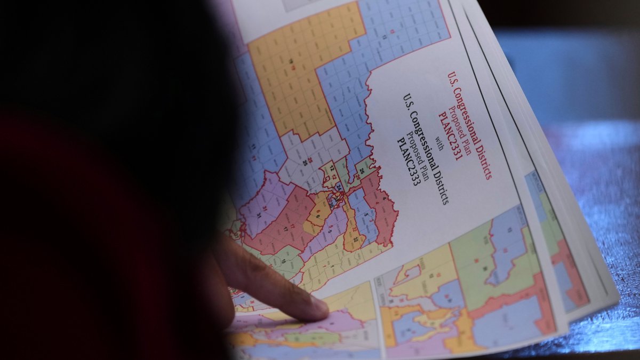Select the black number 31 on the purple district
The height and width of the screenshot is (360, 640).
point(259,214)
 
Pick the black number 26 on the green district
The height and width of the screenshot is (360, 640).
point(361,171)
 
